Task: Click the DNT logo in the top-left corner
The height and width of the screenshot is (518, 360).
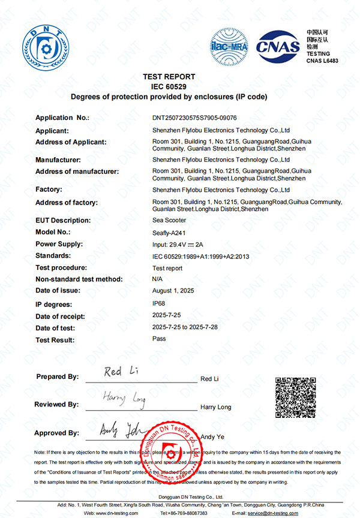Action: (46, 45)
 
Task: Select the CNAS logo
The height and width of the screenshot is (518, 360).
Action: (278, 45)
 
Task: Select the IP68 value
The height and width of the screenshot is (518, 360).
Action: (159, 304)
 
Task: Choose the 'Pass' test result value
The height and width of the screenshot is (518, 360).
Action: (159, 339)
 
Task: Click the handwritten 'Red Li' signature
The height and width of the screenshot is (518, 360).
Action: (121, 372)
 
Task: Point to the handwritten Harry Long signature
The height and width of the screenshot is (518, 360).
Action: (124, 397)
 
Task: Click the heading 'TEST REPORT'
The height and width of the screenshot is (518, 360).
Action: (169, 77)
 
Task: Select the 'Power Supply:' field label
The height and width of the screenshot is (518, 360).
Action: (59, 244)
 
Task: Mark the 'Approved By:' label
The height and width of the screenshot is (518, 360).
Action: (56, 433)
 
